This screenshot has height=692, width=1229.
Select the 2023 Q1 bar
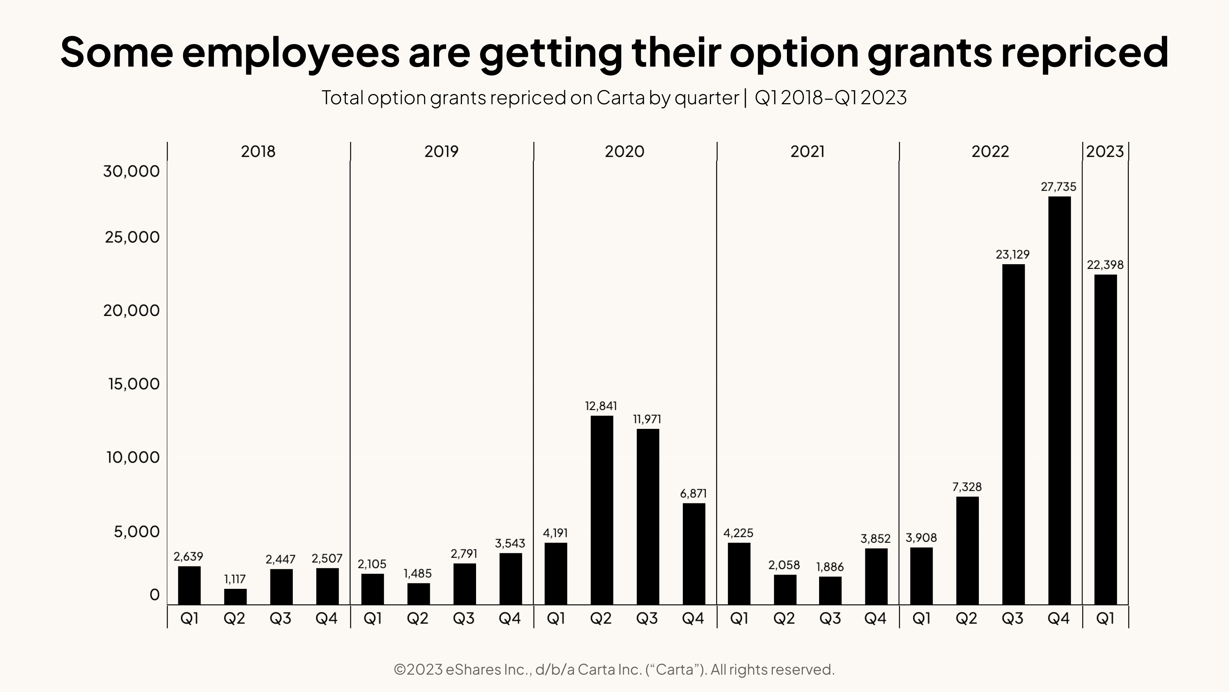1105,439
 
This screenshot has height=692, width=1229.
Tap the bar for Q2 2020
601,510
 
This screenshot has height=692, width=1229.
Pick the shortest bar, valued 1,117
235,596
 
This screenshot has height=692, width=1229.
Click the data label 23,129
1012,254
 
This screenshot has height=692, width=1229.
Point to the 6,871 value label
693,493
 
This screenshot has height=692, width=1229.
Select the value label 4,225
738,533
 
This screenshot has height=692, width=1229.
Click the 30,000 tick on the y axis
131,171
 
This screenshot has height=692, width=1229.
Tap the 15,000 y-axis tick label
134,384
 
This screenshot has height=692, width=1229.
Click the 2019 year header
441,151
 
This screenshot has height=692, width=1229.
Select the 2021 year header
807,151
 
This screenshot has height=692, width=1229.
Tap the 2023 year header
1105,151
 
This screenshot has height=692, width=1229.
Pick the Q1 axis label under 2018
189,619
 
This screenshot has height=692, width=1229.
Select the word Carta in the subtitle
620,97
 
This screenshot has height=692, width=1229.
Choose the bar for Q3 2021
830,591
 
